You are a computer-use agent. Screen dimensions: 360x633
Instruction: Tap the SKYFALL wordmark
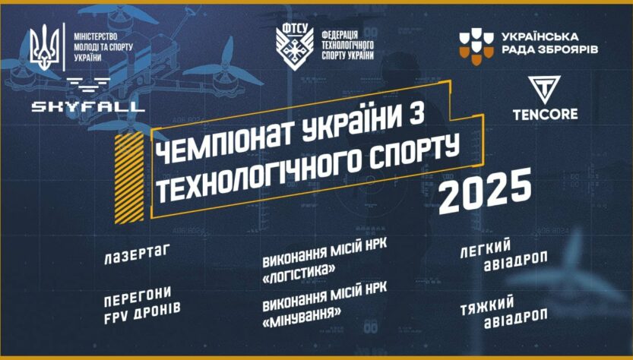(x=88, y=106)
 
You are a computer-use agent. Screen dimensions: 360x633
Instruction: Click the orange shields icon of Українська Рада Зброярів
(x=474, y=45)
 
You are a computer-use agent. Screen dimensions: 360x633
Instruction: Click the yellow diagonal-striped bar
(x=122, y=178)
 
